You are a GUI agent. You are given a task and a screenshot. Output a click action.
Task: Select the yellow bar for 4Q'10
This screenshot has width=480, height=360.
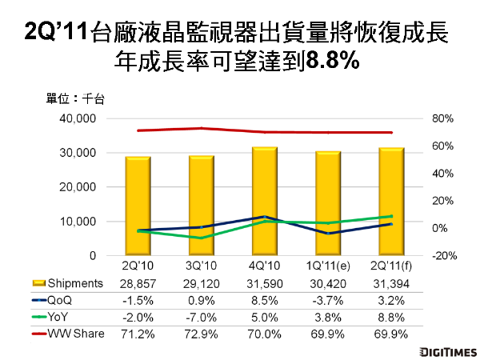265,201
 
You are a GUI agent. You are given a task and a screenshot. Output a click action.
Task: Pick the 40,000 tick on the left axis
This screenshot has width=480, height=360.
78,118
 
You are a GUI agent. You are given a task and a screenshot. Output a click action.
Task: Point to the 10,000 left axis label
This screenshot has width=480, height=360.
78,222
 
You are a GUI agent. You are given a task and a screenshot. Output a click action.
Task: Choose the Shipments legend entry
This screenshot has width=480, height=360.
69,283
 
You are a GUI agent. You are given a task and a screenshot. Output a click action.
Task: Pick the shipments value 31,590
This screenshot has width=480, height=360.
265,283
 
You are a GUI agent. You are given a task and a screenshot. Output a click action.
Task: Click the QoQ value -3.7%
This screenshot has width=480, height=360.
328,298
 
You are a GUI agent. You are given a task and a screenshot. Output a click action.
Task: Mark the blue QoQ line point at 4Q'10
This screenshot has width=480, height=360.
265,217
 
